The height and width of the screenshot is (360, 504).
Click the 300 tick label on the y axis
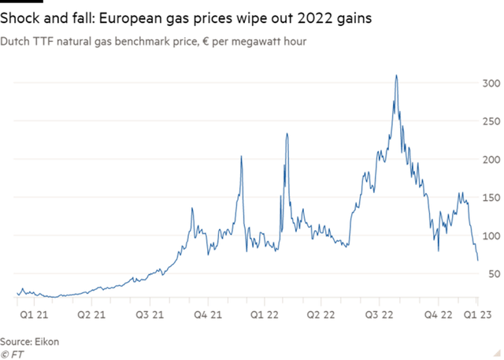coord(491,83)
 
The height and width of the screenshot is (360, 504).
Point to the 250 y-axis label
coord(491,121)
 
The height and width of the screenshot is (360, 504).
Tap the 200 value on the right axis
coord(491,159)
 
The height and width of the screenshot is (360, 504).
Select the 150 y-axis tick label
coord(491,197)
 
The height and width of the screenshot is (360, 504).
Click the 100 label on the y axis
coord(491,236)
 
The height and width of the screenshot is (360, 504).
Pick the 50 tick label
coord(494,273)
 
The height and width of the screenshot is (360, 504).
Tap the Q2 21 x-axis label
coord(92,314)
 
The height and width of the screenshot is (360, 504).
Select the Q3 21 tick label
coord(150,314)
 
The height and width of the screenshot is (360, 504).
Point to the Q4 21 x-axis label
coord(208,314)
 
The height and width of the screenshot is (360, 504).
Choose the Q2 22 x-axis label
coord(322,314)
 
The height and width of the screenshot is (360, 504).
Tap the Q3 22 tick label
coord(380,314)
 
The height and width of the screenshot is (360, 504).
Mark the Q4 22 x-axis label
coord(438,314)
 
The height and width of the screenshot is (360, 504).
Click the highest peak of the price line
coord(396,76)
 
